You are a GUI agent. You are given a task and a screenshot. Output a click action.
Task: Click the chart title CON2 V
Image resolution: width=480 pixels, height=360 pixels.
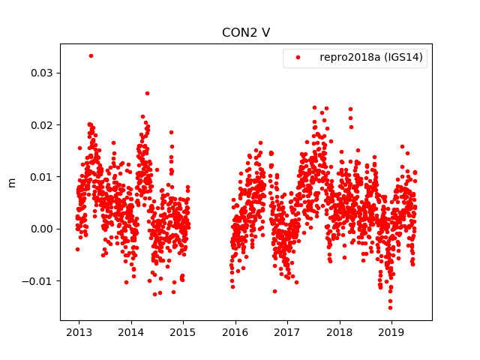(245, 33)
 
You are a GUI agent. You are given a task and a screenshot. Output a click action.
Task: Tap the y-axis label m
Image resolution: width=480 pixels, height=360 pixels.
(11, 182)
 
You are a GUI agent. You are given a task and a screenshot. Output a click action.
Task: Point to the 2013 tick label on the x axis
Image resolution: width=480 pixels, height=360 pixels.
(79, 331)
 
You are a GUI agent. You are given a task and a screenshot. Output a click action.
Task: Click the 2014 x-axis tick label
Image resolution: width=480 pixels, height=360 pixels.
(131, 331)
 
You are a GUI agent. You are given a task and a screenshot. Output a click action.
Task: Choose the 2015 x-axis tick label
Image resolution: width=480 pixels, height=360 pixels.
(183, 331)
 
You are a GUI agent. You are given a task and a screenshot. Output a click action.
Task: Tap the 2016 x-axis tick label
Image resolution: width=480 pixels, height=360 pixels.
(235, 331)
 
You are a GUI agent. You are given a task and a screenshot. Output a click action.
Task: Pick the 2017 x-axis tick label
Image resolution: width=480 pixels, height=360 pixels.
(287, 331)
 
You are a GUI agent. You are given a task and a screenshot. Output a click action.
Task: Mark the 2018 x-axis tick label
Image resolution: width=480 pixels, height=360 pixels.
(340, 331)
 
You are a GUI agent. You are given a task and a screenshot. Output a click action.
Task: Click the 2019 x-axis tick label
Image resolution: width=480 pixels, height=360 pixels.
(391, 331)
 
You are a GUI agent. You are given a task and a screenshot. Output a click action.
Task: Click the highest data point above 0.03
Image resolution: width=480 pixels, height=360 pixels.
(91, 55)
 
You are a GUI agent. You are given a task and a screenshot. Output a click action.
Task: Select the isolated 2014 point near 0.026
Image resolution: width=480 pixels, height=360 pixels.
(147, 94)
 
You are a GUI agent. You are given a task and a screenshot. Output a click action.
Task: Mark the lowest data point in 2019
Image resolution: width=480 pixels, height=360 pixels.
(390, 307)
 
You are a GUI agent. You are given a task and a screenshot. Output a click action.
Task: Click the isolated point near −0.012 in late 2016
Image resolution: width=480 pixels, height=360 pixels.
(274, 291)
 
